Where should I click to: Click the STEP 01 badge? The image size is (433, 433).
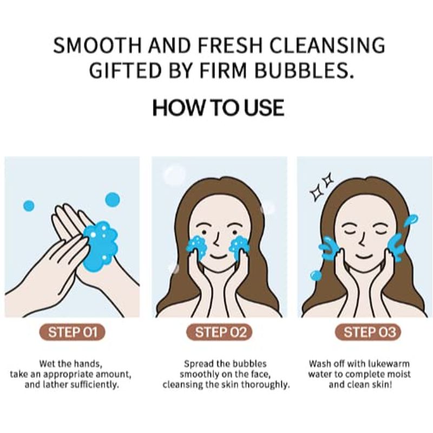pyautogui.click(x=73, y=332)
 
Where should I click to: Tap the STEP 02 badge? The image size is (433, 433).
pyautogui.click(x=220, y=332)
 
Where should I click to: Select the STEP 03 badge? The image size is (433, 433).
pyautogui.click(x=368, y=332)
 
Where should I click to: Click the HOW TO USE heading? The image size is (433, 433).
pyautogui.click(x=218, y=107)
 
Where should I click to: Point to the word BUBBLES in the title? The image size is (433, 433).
pyautogui.click(x=304, y=70)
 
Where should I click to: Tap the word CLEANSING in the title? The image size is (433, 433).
pyautogui.click(x=327, y=45)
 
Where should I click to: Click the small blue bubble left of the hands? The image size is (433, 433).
pyautogui.click(x=29, y=206)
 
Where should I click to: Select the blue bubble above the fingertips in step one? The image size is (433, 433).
pyautogui.click(x=113, y=199)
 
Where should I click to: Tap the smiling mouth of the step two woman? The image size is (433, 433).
pyautogui.click(x=219, y=256)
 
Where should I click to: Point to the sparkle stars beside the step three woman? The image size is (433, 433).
pyautogui.click(x=322, y=186)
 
